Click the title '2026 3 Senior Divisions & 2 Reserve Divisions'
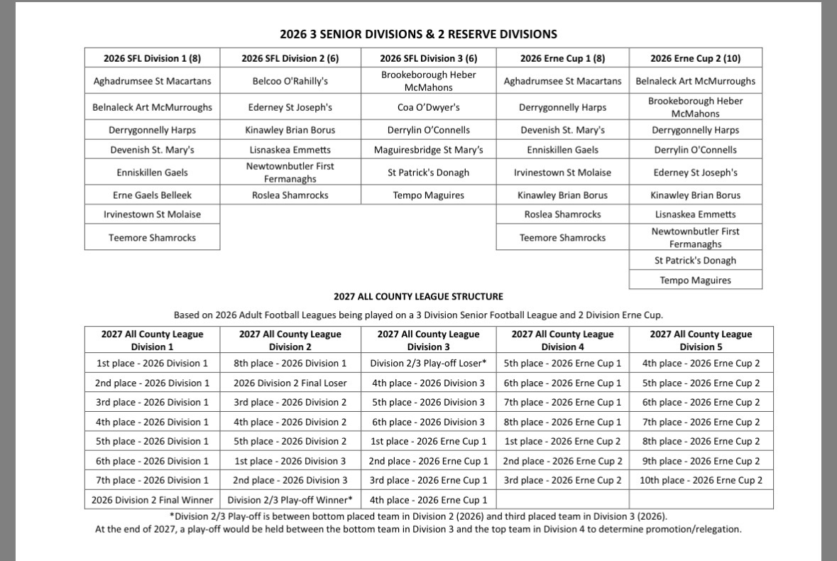(418, 34)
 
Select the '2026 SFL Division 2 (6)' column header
(290, 58)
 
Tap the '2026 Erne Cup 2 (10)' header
(695, 58)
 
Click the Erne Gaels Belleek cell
(152, 195)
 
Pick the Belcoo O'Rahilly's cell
(290, 81)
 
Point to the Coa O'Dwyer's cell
(428, 108)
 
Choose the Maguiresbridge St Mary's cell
(428, 150)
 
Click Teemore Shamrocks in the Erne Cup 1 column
(562, 238)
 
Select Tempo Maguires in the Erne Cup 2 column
(695, 280)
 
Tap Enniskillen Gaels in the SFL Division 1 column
(152, 173)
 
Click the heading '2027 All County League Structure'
(418, 297)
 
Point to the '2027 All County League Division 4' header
(562, 340)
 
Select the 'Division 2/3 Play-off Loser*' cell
(428, 364)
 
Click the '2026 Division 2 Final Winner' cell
(152, 500)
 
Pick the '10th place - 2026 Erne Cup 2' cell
(701, 480)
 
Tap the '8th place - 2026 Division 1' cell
(290, 364)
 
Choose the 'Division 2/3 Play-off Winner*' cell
(290, 500)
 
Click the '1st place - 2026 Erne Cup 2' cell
(562, 441)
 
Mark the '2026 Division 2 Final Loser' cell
(290, 383)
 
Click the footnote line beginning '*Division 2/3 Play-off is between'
(418, 516)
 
